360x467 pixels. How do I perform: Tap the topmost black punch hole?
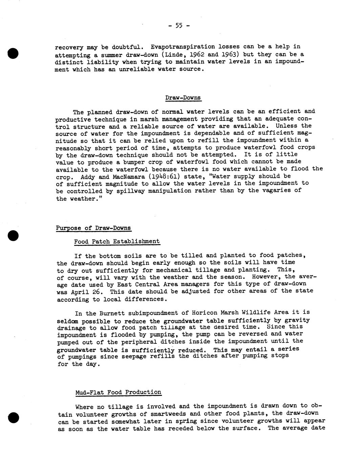click(12, 54)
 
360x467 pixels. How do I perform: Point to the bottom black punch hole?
click(12, 418)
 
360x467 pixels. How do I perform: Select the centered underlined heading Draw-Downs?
click(183, 98)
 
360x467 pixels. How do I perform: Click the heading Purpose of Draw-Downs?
click(93, 228)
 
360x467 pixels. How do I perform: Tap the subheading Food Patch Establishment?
click(117, 241)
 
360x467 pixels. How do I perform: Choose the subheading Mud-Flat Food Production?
click(118, 392)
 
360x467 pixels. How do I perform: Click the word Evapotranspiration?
click(183, 47)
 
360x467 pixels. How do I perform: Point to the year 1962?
click(193, 54)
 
